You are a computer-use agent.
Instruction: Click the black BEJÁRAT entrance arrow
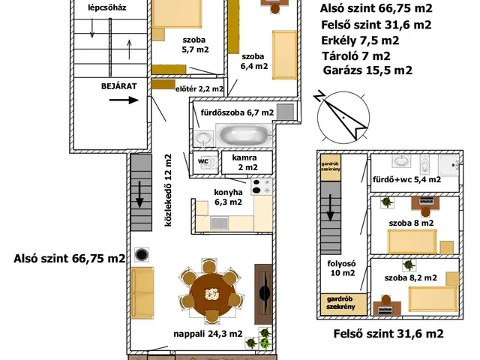click(x=124, y=100)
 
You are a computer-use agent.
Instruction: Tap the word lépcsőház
click(x=107, y=7)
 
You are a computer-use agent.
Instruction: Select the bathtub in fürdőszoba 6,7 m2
click(x=244, y=135)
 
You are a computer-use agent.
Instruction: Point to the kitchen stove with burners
click(x=262, y=187)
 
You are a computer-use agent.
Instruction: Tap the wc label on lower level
click(x=203, y=160)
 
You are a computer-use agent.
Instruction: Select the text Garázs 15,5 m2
click(x=367, y=70)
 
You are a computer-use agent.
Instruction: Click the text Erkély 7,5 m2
click(x=360, y=40)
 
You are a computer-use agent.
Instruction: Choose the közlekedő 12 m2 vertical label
click(x=168, y=190)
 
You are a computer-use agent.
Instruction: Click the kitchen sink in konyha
click(x=219, y=223)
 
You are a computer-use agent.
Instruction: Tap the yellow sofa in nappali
click(x=142, y=293)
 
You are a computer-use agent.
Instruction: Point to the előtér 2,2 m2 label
click(x=199, y=88)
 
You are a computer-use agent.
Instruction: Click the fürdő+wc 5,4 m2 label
click(x=406, y=179)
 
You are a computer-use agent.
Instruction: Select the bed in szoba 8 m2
click(x=412, y=241)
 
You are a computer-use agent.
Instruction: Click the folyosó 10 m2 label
click(x=342, y=268)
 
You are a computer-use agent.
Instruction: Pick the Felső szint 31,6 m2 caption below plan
click(x=388, y=334)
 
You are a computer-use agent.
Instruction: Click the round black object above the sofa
click(x=142, y=254)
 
